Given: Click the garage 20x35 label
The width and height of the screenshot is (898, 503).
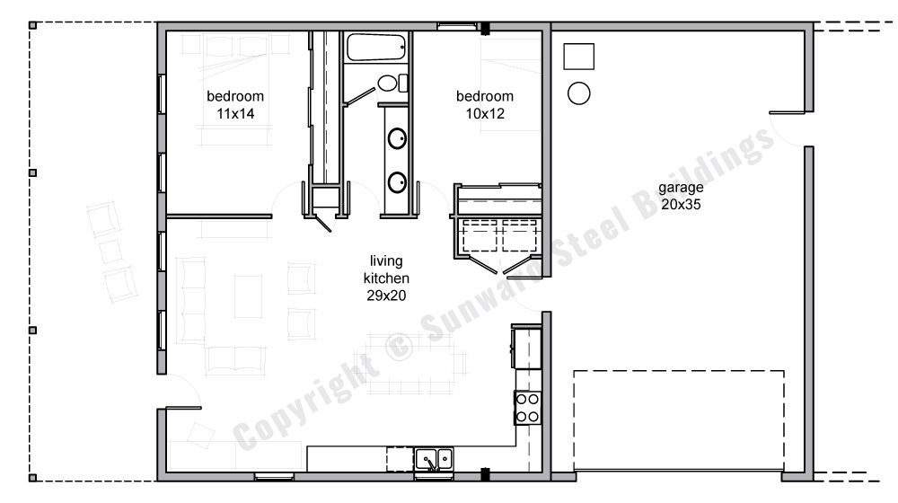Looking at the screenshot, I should coord(679,197).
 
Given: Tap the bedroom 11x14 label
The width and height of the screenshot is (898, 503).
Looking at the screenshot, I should coord(234,105).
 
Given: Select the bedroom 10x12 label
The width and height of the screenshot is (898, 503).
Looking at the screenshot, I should coord(484,105).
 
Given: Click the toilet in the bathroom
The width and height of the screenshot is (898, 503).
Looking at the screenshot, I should coord(387,84).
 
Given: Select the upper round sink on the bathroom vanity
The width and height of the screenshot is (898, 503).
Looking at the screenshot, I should coord(397,139).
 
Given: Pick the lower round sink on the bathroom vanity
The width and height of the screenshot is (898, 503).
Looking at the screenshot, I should coord(397,183).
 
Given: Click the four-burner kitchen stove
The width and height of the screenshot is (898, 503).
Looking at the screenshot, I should coord(527,408).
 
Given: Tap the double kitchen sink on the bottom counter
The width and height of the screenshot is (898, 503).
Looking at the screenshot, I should coord(435,460).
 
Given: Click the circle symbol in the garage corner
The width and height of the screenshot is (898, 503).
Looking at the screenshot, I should coord(579,92).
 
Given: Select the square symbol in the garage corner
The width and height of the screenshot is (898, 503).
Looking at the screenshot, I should coord(577,56).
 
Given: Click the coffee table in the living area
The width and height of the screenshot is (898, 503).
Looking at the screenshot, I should coord(248,296).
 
